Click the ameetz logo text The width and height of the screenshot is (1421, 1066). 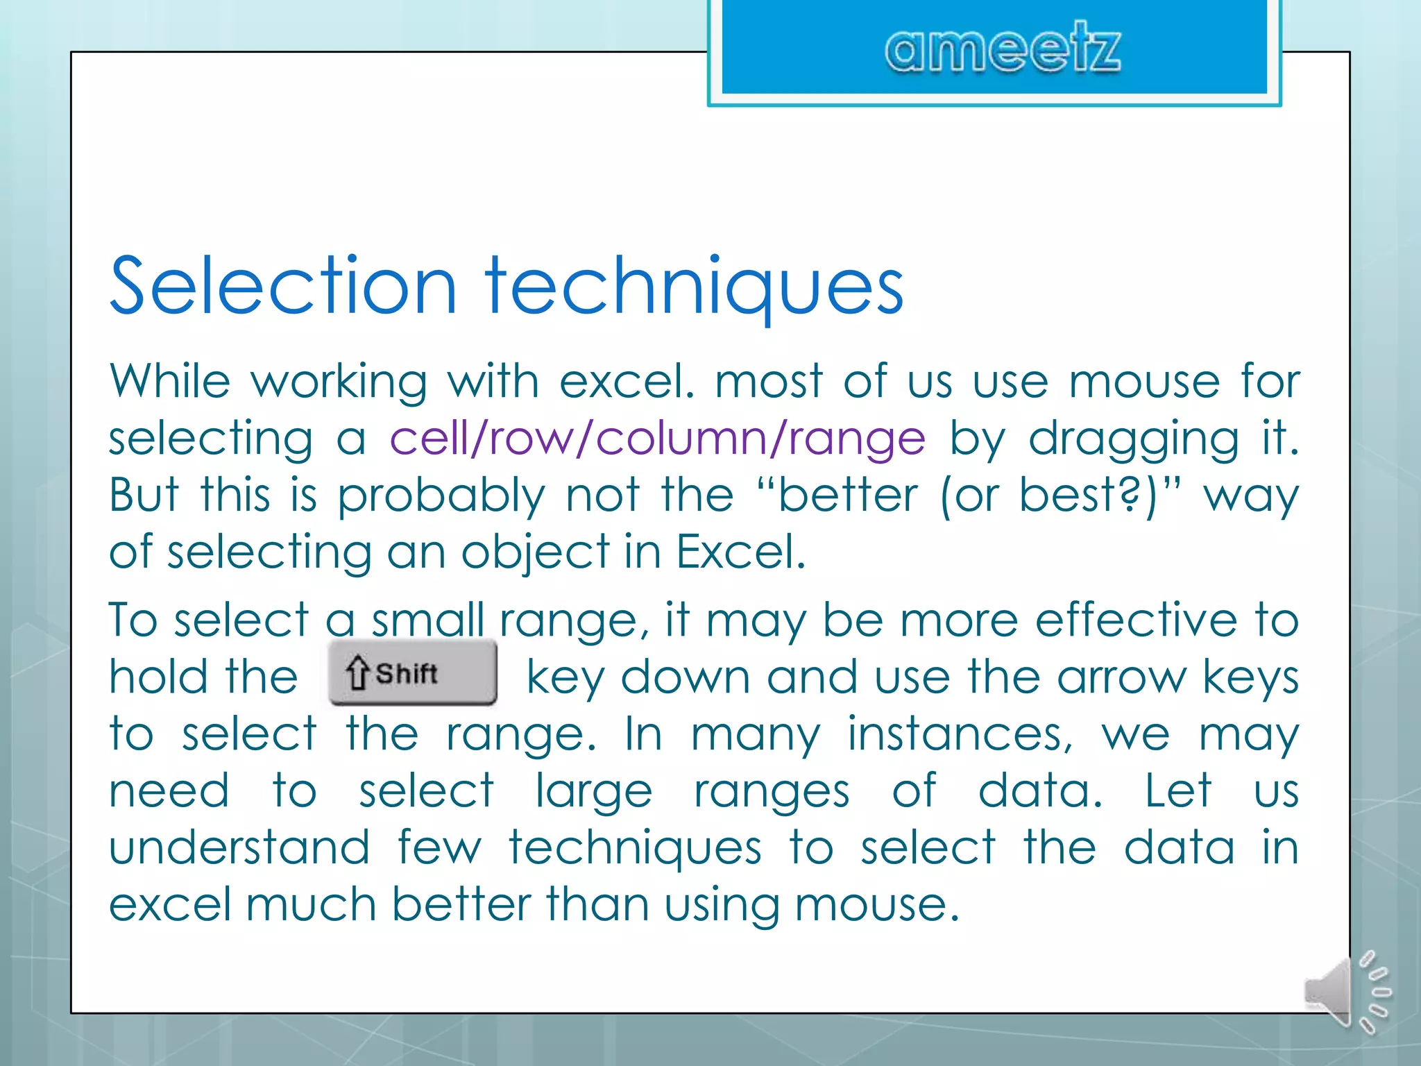1002,49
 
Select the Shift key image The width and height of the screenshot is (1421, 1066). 413,672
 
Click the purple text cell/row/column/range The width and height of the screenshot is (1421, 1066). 657,439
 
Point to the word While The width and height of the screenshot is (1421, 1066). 169,381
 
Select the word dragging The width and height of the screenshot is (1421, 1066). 1132,440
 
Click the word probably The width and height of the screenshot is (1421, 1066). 441,497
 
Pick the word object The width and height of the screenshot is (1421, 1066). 535,554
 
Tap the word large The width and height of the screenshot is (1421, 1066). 594,793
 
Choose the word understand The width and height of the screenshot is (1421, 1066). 239,847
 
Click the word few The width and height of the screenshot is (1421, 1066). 439,847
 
